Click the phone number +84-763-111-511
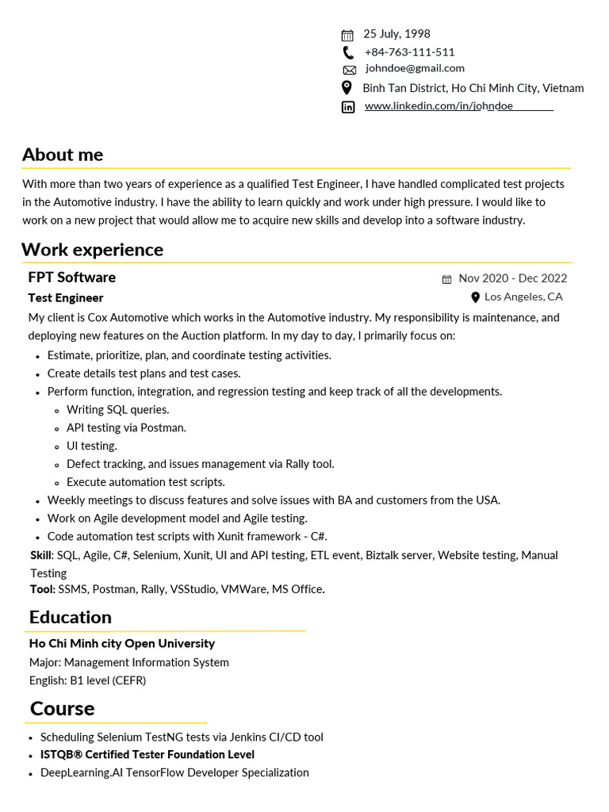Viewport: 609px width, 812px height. (409, 52)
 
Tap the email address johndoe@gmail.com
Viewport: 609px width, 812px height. (415, 69)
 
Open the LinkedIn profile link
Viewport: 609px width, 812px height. (439, 106)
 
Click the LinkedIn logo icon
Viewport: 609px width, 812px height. (348, 107)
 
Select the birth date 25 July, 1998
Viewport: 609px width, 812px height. (396, 34)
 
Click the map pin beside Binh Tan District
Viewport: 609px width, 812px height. (347, 88)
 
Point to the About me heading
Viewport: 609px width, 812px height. (63, 155)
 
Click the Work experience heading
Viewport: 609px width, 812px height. (92, 250)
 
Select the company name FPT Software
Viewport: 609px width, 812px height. (72, 278)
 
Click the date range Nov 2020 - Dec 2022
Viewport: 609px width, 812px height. (512, 278)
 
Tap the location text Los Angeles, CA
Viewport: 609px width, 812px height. (523, 297)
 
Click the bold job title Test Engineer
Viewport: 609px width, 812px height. (66, 298)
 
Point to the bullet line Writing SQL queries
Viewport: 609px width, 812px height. (117, 410)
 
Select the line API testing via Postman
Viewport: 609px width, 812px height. (126, 428)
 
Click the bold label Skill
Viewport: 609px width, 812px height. (40, 556)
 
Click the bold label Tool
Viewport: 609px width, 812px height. (42, 590)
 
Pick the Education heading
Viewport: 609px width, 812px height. (71, 618)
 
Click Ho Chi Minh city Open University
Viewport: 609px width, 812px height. (122, 644)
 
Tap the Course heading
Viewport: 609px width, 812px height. (62, 708)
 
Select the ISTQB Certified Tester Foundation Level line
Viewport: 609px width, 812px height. (147, 755)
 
